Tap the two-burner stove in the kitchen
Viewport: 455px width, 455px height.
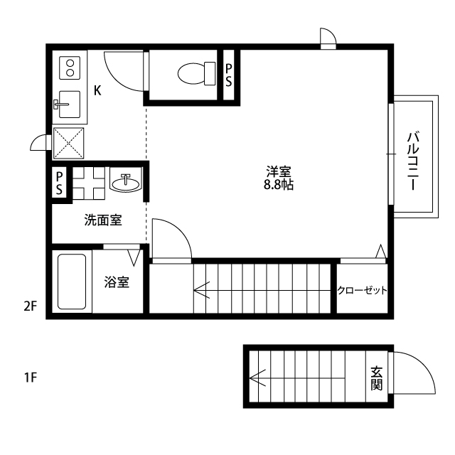coord(70,68)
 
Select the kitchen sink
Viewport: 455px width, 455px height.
coord(69,105)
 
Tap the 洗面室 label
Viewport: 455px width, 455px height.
coord(103,220)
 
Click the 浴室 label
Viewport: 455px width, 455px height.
coord(117,282)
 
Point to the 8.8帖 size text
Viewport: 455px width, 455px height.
coord(279,184)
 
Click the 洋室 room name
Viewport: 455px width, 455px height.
coord(279,171)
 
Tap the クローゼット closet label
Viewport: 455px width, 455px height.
coord(362,290)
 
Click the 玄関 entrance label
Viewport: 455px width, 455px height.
coord(376,378)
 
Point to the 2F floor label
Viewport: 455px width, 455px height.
coord(30,306)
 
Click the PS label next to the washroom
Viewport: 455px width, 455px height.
coord(60,183)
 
